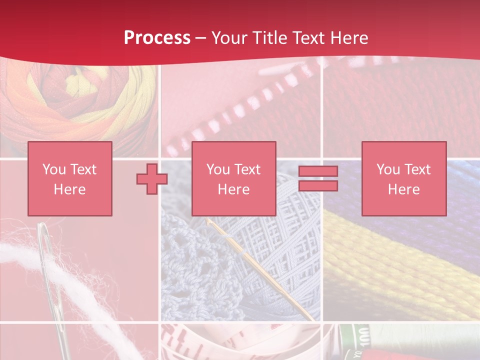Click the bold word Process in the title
pyautogui.click(x=157, y=38)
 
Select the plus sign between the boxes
pyautogui.click(x=152, y=179)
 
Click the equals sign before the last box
pyautogui.click(x=318, y=178)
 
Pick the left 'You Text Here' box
pyautogui.click(x=70, y=178)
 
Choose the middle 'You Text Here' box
pyautogui.click(x=234, y=178)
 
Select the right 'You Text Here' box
pyautogui.click(x=404, y=178)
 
